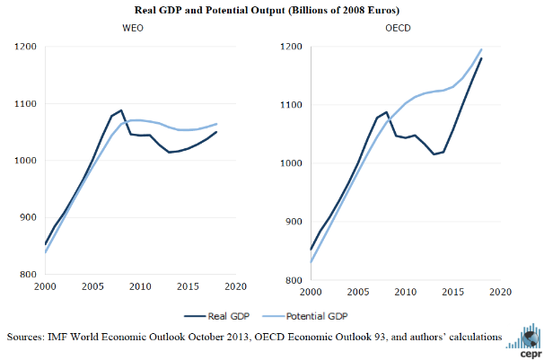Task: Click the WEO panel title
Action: (x=133, y=29)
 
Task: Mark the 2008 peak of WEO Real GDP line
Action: (x=121, y=110)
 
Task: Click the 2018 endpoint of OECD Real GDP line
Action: (x=482, y=58)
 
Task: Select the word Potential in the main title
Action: (x=233, y=10)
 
